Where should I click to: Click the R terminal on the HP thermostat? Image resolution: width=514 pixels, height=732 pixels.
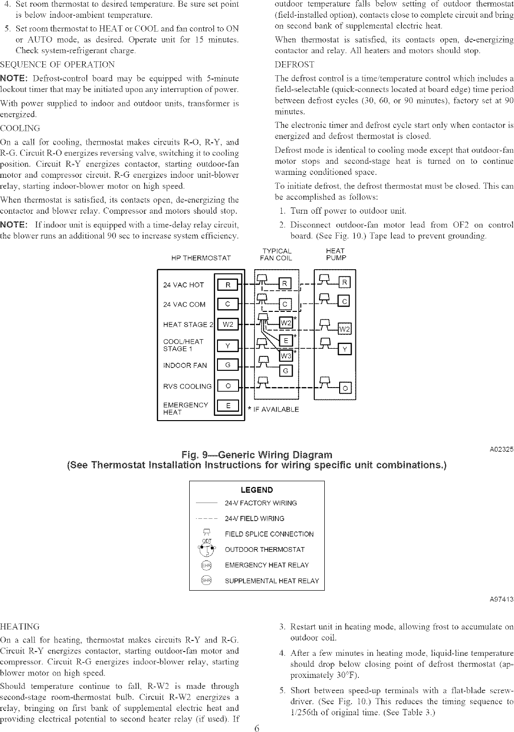[x=228, y=285]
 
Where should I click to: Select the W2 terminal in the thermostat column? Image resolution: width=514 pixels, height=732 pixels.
[x=228, y=324]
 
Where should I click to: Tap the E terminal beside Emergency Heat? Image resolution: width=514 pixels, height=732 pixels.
[x=228, y=406]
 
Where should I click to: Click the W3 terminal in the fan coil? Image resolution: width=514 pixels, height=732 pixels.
[x=286, y=355]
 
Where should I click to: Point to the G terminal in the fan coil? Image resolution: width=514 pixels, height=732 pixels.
[x=286, y=371]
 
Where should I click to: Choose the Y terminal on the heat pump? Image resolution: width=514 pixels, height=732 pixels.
[x=344, y=349]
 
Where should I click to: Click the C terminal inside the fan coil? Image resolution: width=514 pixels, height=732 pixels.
[x=286, y=304]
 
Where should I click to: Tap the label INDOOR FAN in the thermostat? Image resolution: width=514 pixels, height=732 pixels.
[x=185, y=366]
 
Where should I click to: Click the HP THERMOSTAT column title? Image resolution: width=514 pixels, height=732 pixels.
[x=201, y=258]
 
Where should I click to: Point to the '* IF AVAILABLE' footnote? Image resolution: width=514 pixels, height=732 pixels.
[x=273, y=409]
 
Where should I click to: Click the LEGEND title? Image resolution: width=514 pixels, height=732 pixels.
[x=257, y=490]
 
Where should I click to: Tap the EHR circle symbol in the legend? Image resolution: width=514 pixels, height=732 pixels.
[x=206, y=565]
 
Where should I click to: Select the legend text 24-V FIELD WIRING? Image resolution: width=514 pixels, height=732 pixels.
[x=254, y=518]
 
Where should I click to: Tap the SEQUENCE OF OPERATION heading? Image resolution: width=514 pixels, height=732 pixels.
[x=57, y=65]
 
